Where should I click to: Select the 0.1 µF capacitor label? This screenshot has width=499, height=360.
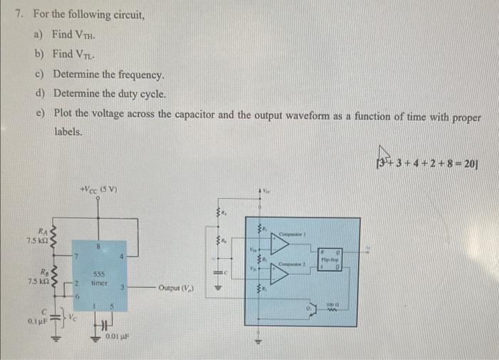click(38, 321)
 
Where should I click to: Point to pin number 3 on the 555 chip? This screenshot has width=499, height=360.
click(122, 287)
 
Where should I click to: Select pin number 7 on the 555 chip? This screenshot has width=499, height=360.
click(75, 254)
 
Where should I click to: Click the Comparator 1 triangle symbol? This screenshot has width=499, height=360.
click(280, 244)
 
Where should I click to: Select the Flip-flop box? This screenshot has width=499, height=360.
click(329, 259)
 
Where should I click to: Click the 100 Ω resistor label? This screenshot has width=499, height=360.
click(331, 304)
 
